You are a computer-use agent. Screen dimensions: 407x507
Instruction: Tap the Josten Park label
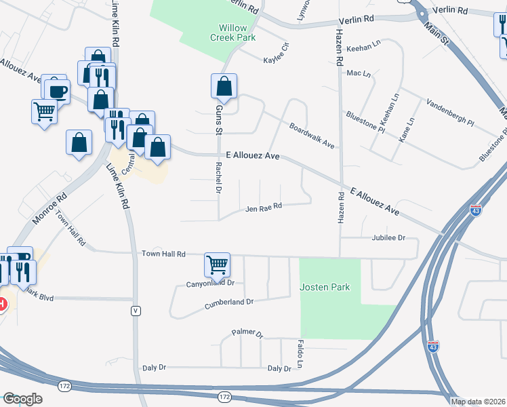pos(325,287)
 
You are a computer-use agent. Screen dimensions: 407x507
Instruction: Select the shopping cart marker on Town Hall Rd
pos(217,265)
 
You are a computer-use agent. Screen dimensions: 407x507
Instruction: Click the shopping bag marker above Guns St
pos(224,86)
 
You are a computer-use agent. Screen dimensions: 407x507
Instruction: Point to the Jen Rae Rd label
pos(264,208)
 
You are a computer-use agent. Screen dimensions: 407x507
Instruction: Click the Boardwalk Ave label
pos(312,136)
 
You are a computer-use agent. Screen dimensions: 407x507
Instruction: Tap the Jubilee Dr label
pos(388,238)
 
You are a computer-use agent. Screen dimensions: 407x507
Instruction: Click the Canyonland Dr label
pos(210,283)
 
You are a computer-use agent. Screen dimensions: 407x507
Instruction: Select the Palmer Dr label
pos(247,332)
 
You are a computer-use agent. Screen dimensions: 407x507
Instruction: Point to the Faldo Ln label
pos(299,351)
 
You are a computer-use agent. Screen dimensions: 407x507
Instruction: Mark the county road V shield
pos(136,310)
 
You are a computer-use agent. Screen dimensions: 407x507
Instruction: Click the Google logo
pos(22,399)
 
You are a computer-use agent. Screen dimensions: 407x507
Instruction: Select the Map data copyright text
pos(478,402)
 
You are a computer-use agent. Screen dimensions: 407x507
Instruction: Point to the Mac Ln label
pos(359,73)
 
